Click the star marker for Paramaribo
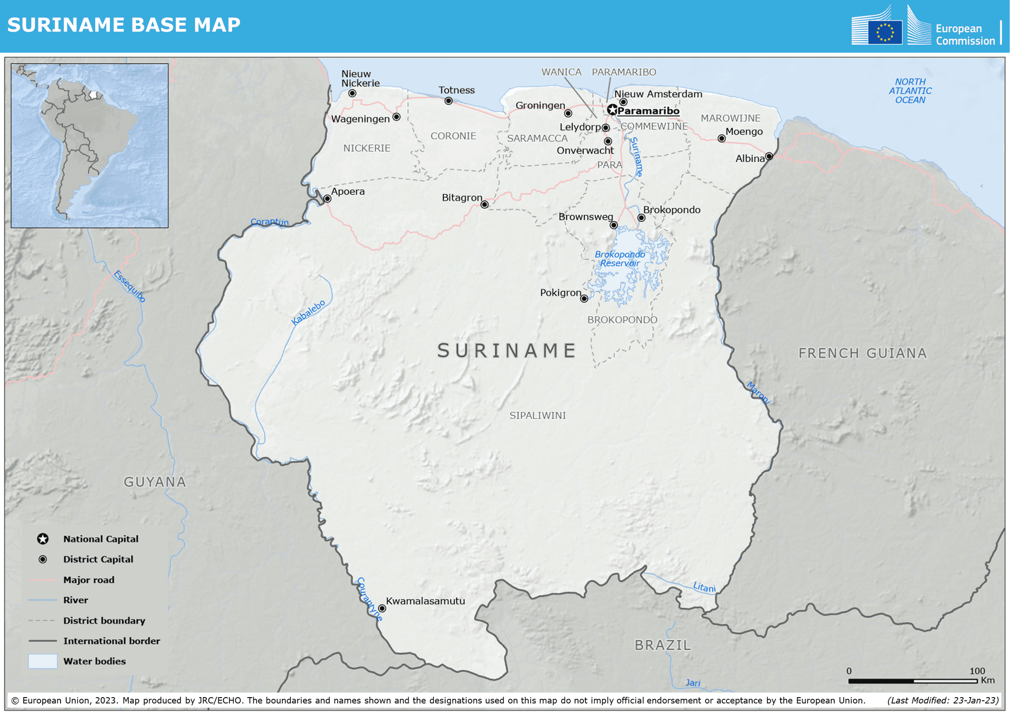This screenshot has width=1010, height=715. (x=612, y=110)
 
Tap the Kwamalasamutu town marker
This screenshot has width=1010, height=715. (x=382, y=608)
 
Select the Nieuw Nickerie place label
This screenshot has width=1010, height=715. (x=360, y=78)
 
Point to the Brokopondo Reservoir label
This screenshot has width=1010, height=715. (x=620, y=259)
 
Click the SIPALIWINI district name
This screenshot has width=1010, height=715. (x=538, y=415)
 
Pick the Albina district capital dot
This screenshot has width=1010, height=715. (x=769, y=156)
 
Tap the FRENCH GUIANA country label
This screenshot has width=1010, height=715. (x=862, y=353)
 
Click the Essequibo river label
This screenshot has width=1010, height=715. (x=129, y=286)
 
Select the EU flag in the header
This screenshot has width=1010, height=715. (x=885, y=32)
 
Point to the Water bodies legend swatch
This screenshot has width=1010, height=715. (x=43, y=661)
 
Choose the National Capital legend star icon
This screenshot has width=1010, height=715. (x=43, y=539)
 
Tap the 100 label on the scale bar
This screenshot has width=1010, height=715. (x=977, y=671)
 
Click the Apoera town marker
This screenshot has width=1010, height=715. (x=327, y=198)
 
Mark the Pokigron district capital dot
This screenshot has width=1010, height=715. (x=584, y=299)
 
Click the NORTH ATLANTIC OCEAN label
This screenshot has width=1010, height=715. (x=910, y=91)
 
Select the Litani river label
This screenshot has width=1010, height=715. (x=704, y=587)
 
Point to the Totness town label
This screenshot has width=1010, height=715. (x=456, y=90)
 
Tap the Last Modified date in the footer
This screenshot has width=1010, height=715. (x=943, y=700)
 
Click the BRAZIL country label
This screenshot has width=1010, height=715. (x=662, y=645)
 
